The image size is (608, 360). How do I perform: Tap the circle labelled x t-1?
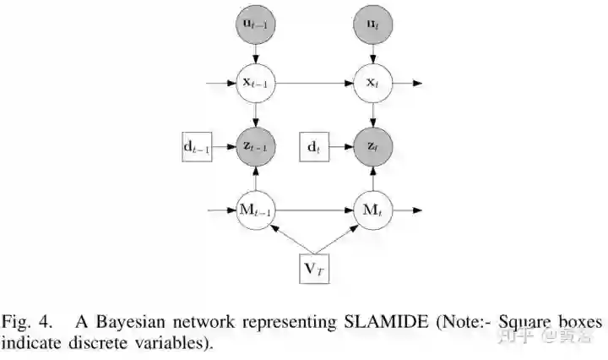(x=255, y=85)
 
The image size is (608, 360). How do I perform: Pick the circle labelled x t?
(x=373, y=85)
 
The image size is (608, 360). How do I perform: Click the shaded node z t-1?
(x=255, y=147)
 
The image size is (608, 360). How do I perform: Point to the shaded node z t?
(x=373, y=147)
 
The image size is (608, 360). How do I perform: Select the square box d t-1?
(x=197, y=147)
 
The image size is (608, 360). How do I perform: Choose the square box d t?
(x=315, y=147)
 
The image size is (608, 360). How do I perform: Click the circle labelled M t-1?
(x=255, y=209)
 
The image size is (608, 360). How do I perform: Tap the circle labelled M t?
(x=373, y=209)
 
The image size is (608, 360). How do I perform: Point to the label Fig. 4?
(x=27, y=323)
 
